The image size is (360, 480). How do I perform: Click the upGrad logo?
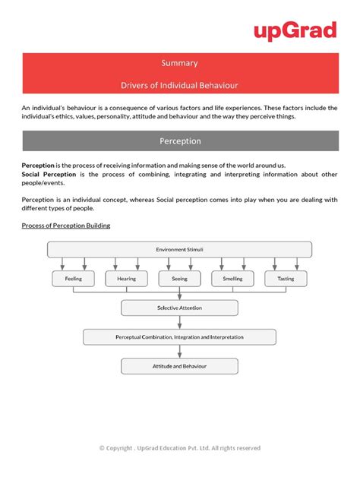pos(295,31)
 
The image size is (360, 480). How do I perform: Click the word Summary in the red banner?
pos(179,63)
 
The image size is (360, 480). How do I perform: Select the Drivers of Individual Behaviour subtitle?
pos(179,84)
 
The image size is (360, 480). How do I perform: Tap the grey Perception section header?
pos(179,141)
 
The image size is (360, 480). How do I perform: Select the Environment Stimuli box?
pos(179,249)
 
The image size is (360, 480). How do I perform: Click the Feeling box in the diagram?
pos(73,279)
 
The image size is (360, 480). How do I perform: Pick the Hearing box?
pos(126,279)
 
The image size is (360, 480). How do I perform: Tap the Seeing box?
pos(179,279)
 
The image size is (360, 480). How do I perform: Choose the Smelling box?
pos(232,279)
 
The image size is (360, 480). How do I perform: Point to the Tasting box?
pos(286,279)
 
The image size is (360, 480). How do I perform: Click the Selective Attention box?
pos(179,308)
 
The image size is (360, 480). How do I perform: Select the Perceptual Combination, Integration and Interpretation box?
pos(179,336)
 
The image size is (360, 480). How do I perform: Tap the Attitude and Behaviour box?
pos(179,366)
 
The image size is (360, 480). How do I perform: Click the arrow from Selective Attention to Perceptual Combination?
pos(179,322)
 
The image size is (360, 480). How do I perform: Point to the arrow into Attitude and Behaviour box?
pos(179,351)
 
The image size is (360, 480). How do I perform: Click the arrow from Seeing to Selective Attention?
pos(179,293)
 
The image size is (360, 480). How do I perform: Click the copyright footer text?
pos(179,447)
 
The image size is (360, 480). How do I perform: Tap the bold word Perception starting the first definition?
pos(39,166)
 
